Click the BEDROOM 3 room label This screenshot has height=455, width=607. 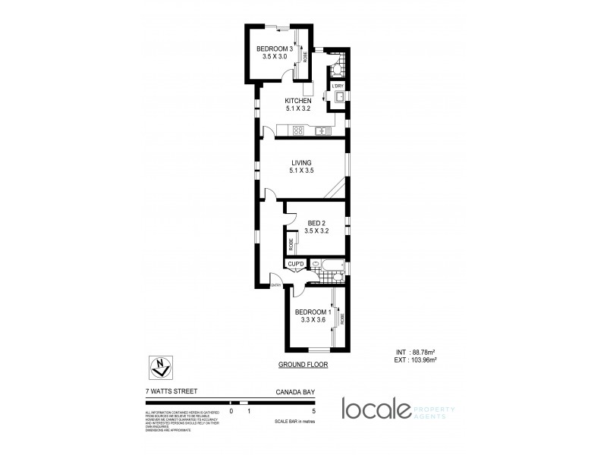click(274, 50)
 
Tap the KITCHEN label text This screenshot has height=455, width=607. click(298, 101)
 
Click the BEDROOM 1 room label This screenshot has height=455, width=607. click(313, 312)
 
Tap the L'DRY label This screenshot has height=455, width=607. click(338, 86)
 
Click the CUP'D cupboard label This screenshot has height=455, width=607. click(296, 264)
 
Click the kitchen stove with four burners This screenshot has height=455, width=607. click(299, 130)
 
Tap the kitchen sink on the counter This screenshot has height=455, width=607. click(322, 130)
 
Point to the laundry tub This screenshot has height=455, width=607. click(338, 96)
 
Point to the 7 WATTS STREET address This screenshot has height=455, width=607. click(171, 392)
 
